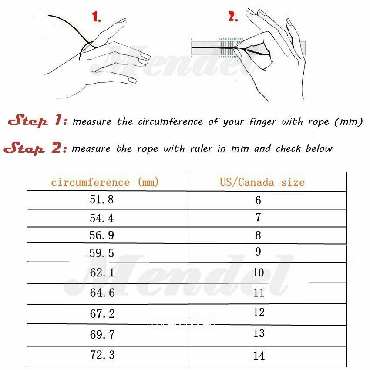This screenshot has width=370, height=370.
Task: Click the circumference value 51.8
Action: pos(102,200)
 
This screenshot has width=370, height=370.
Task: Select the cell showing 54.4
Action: pos(102,217)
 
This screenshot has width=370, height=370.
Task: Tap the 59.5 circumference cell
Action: pos(102,253)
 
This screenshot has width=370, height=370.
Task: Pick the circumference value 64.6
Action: pos(102,293)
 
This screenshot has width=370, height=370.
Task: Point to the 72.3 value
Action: pos(102,355)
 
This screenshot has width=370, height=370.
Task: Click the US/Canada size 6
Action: pos(258,200)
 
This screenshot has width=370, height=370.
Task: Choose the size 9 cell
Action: pos(258,252)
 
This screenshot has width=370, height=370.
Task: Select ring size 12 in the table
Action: pos(259,313)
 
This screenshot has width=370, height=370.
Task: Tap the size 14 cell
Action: pos(259,356)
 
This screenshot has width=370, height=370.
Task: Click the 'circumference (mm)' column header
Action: pos(105,182)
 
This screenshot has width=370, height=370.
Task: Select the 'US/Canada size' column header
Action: pos(262,182)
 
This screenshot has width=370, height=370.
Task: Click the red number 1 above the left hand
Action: pos(97,18)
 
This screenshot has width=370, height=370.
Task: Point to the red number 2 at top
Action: pos(233,17)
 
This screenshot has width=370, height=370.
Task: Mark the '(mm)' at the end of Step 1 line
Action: pos(349,121)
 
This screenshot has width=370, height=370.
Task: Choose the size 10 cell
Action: pos(258,273)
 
